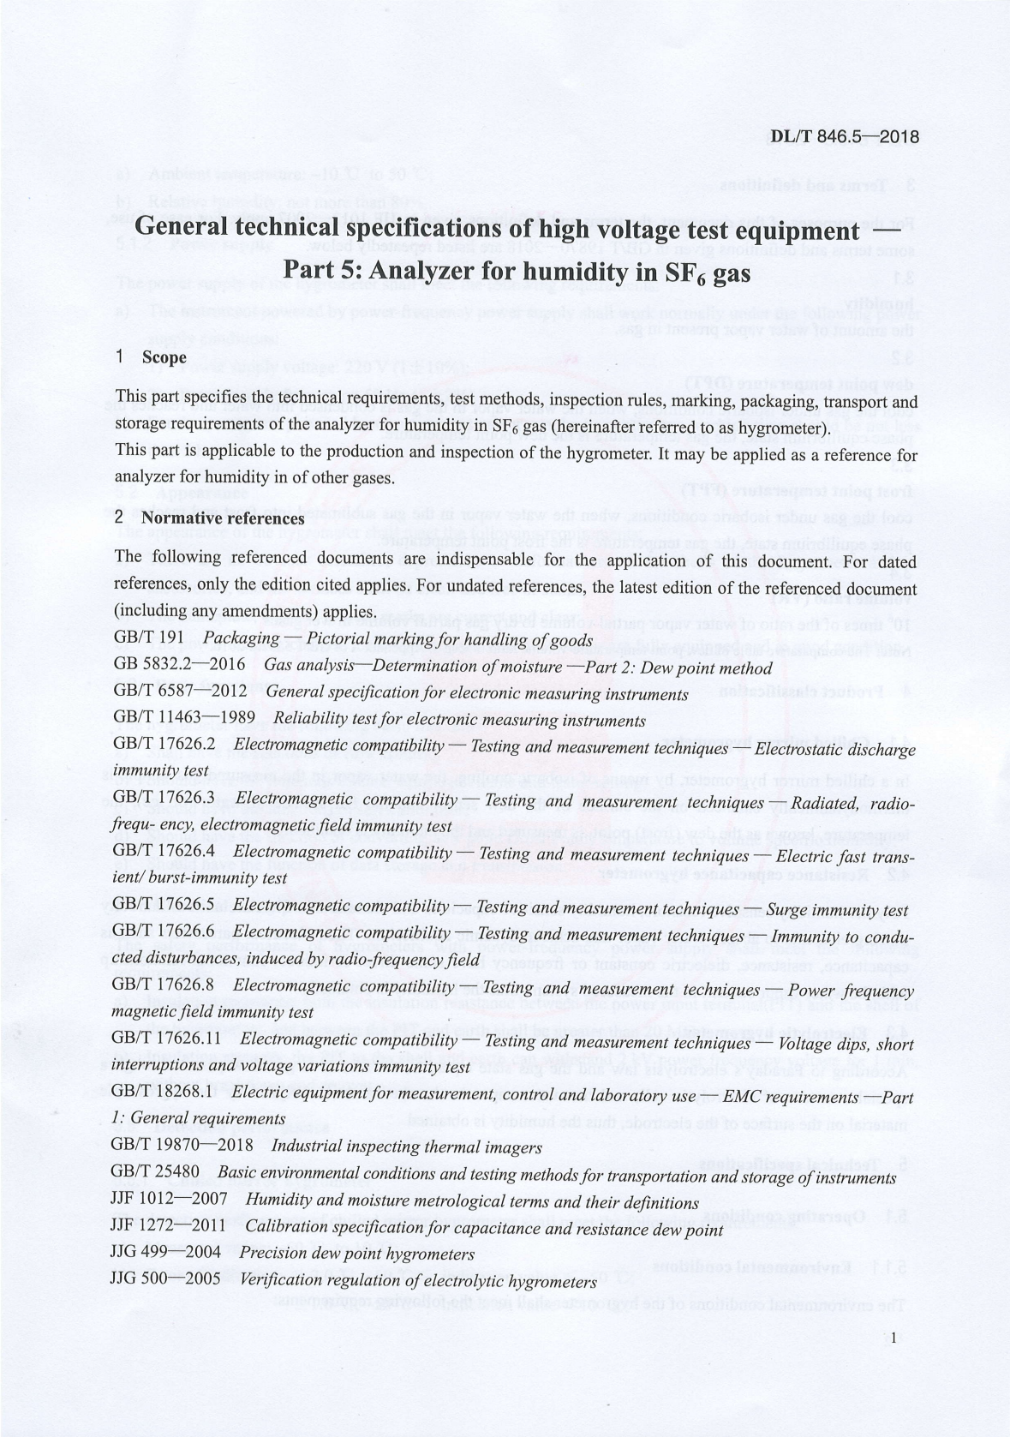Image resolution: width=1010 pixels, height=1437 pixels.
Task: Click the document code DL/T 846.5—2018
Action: pos(845,136)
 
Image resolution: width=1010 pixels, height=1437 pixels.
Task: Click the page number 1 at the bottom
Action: pos(893,1338)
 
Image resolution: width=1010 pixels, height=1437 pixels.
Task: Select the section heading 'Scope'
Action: pos(165,356)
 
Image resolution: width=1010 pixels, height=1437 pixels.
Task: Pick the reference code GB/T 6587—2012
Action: pos(180,692)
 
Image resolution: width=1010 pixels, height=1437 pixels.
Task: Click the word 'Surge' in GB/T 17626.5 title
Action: pos(787,909)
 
